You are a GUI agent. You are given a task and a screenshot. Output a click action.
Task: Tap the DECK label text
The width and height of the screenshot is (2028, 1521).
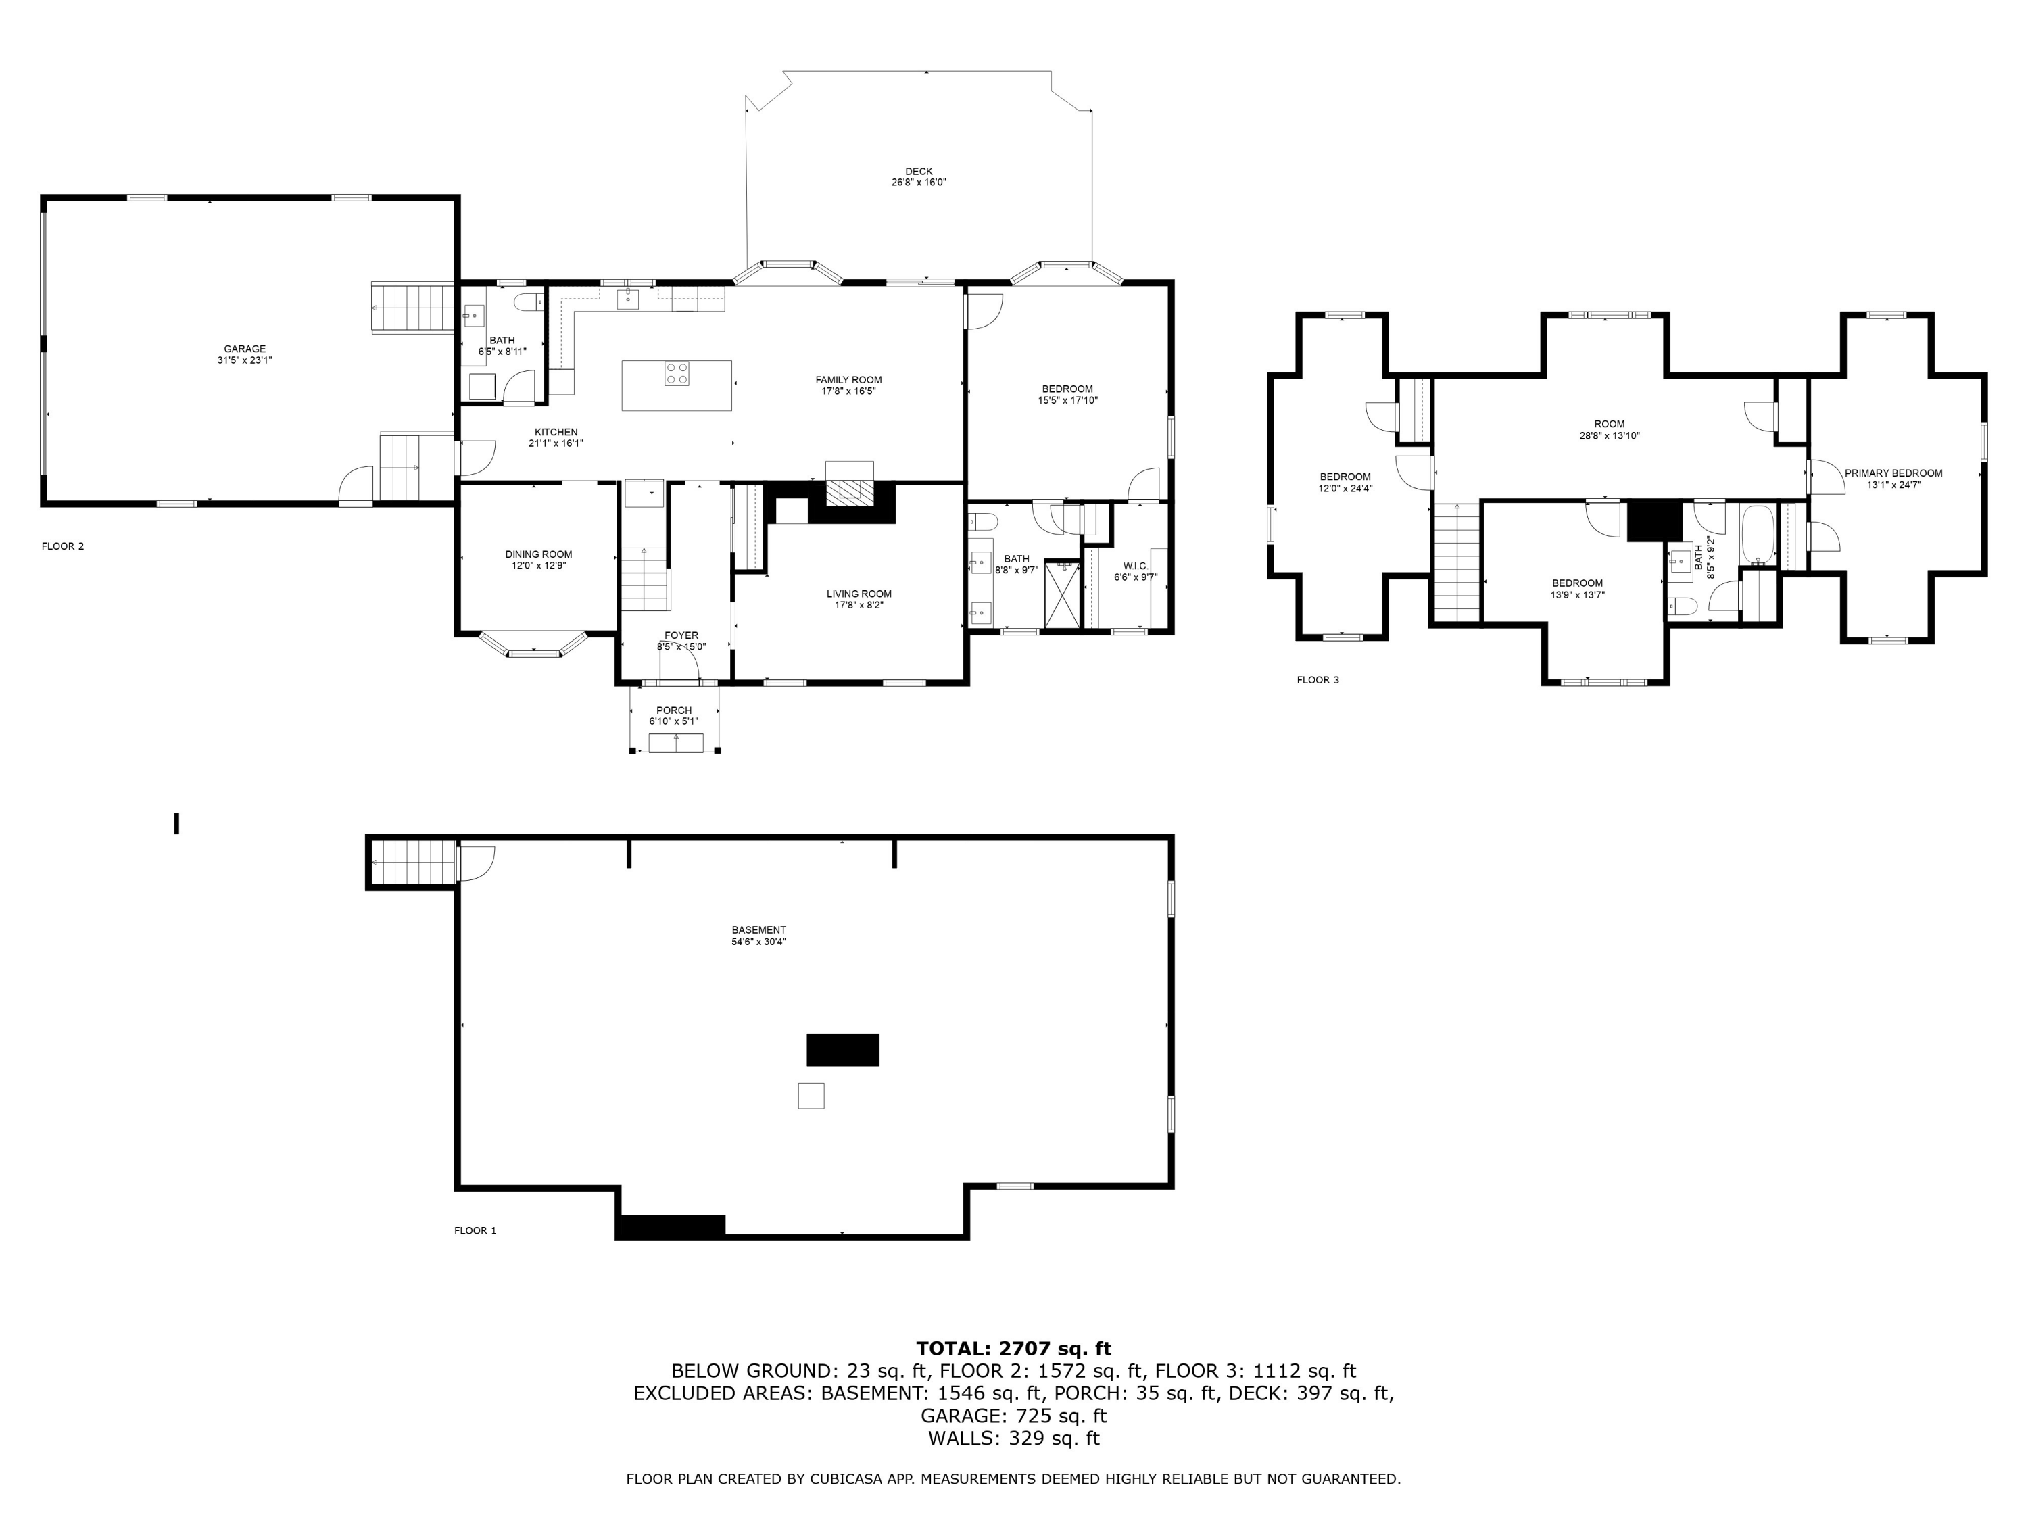919,172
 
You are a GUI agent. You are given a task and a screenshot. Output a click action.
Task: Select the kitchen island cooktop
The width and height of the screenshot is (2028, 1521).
677,374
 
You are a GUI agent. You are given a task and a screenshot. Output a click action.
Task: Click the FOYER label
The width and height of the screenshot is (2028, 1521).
681,635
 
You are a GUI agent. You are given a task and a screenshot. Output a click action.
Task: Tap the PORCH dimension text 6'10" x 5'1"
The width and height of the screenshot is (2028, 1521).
674,721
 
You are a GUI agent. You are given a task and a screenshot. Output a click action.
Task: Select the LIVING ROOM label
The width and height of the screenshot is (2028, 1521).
859,594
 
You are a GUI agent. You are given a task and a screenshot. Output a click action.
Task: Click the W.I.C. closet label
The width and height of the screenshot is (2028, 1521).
1135,566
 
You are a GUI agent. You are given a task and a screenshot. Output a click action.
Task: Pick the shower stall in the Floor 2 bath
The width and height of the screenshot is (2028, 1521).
1062,595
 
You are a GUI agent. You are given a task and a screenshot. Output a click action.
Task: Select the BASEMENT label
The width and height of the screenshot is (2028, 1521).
758,930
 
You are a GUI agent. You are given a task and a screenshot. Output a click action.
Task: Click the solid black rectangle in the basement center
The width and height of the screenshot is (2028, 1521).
842,1050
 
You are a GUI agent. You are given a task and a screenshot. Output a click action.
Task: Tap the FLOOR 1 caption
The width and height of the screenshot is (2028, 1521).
475,1230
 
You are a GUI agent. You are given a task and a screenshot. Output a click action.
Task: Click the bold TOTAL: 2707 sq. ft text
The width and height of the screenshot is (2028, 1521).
1013,1349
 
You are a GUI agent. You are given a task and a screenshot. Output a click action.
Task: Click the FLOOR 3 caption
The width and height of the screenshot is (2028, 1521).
1318,680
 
